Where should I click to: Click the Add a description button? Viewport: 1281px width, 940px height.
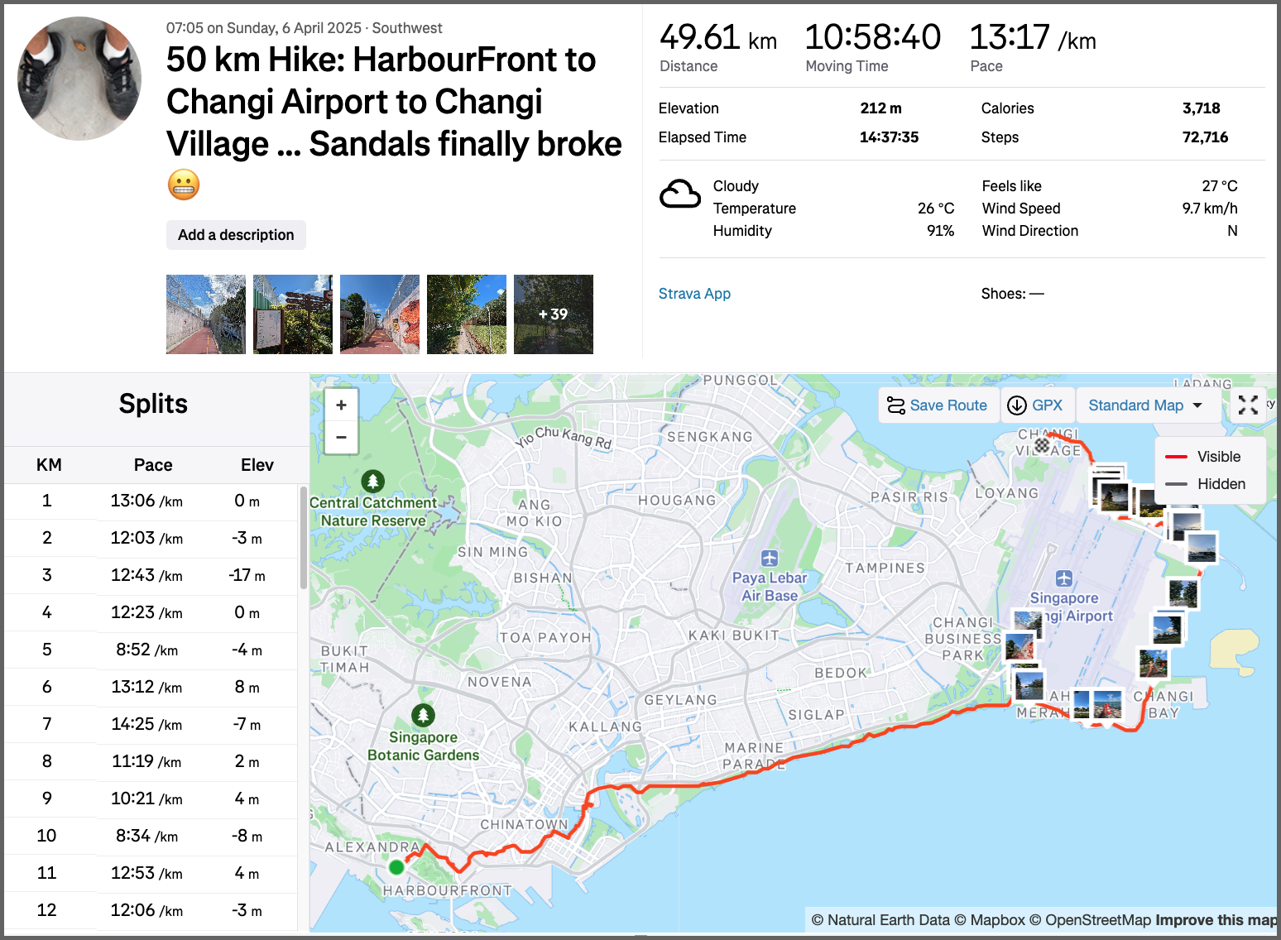236,235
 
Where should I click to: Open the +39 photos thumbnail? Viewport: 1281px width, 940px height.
553,314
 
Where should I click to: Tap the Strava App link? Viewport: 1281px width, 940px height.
694,294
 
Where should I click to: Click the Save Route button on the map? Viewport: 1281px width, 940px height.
938,405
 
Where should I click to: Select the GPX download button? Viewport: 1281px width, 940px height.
1035,405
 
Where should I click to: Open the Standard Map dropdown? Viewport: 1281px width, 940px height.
1144,405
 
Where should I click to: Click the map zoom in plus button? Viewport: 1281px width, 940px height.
341,405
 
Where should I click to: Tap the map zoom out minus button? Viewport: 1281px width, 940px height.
341,437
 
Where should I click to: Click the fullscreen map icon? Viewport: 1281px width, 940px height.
1248,405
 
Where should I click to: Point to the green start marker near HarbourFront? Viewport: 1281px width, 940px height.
396,867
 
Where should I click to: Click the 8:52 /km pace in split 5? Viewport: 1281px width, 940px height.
146,650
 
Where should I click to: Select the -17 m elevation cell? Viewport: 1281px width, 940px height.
247,575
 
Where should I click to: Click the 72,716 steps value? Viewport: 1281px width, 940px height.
1205,137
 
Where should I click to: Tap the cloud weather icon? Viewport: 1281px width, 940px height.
680,195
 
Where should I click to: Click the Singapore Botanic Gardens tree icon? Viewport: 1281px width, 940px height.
423,714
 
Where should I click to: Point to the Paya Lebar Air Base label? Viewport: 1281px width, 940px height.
770,586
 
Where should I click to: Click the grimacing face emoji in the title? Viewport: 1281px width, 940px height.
184,185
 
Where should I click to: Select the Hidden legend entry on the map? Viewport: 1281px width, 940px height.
1221,484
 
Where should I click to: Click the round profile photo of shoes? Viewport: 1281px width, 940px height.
79,79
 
